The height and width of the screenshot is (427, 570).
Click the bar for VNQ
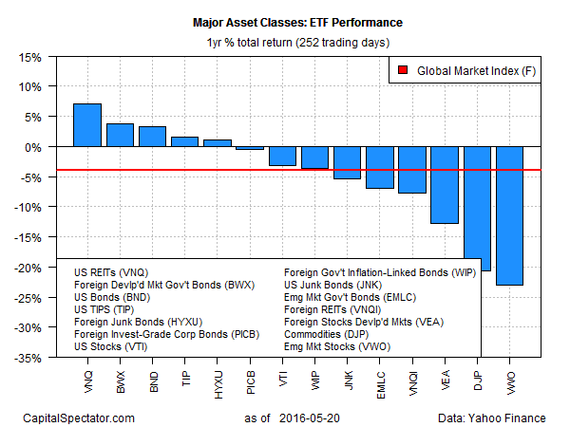coord(87,125)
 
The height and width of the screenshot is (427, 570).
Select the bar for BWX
coord(120,136)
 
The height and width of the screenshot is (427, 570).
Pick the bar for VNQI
coord(411,170)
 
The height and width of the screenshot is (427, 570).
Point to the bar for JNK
coord(347,162)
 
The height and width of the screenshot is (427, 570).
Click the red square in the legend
coord(403,69)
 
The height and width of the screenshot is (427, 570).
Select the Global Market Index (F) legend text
coord(472,69)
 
